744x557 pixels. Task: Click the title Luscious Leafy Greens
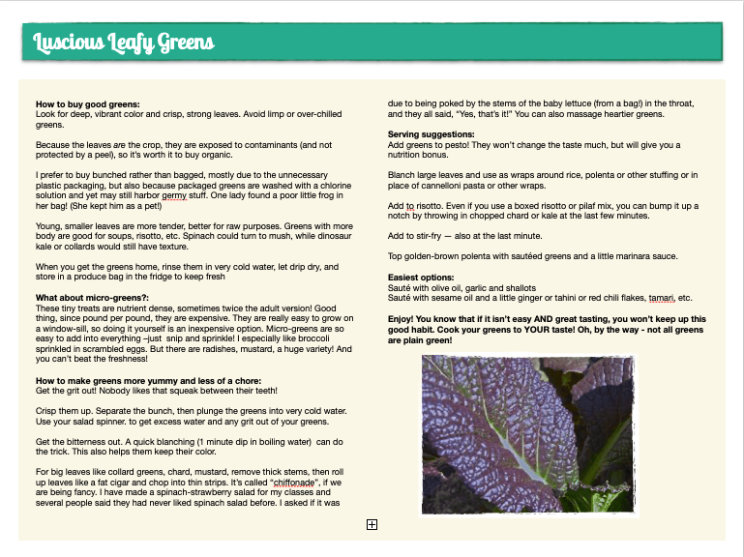coord(124,43)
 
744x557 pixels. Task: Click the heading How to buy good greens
coord(88,104)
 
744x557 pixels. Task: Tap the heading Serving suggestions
coord(432,133)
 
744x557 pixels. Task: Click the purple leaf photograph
coord(527,433)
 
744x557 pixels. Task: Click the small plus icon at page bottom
coord(372,524)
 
